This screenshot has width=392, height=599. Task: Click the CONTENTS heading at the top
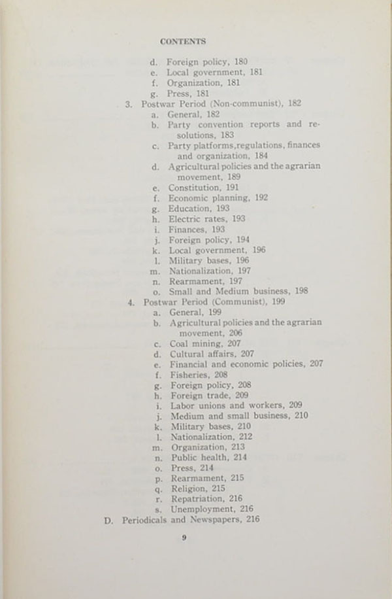pos(183,41)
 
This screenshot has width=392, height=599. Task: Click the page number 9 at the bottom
pos(184,538)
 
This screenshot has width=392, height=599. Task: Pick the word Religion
pos(188,487)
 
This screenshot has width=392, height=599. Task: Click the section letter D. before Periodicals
pos(109,519)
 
